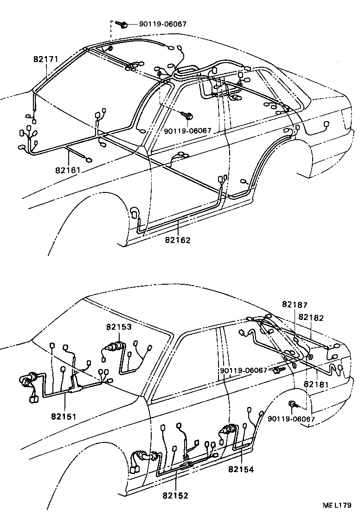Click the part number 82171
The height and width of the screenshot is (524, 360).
coord(45,60)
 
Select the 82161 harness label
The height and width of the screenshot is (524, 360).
coord(68,170)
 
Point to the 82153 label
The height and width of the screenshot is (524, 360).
coord(119,327)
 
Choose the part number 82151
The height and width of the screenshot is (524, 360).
coord(64,415)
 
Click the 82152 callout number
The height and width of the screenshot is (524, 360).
coord(175,496)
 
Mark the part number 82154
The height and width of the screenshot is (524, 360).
coord(241,469)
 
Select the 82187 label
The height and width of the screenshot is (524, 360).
coord(295,304)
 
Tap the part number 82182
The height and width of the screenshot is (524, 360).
coord(311,318)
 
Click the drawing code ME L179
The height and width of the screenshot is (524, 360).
coord(337,505)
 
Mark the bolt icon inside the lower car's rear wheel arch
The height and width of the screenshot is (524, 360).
coord(294,405)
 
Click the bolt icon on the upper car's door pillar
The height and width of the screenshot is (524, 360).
coord(189,114)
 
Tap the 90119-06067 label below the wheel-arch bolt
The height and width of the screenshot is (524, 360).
coord(291,419)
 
